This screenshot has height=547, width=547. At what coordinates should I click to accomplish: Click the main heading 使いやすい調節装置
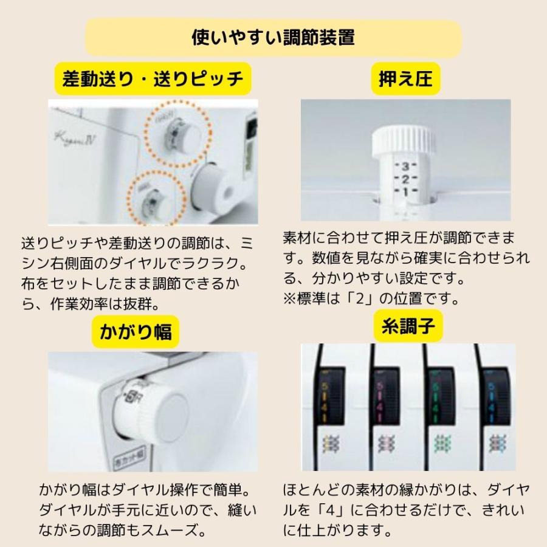273,38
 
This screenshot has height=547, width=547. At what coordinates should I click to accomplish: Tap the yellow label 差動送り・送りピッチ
153,79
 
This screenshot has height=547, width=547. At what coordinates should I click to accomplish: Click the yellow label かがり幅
136,331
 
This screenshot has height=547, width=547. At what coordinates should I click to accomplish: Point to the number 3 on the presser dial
405,166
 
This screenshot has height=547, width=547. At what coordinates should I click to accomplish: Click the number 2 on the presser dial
405,179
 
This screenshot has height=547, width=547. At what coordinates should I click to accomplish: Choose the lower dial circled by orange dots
156,201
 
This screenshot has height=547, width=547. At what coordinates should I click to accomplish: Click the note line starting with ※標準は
372,298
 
